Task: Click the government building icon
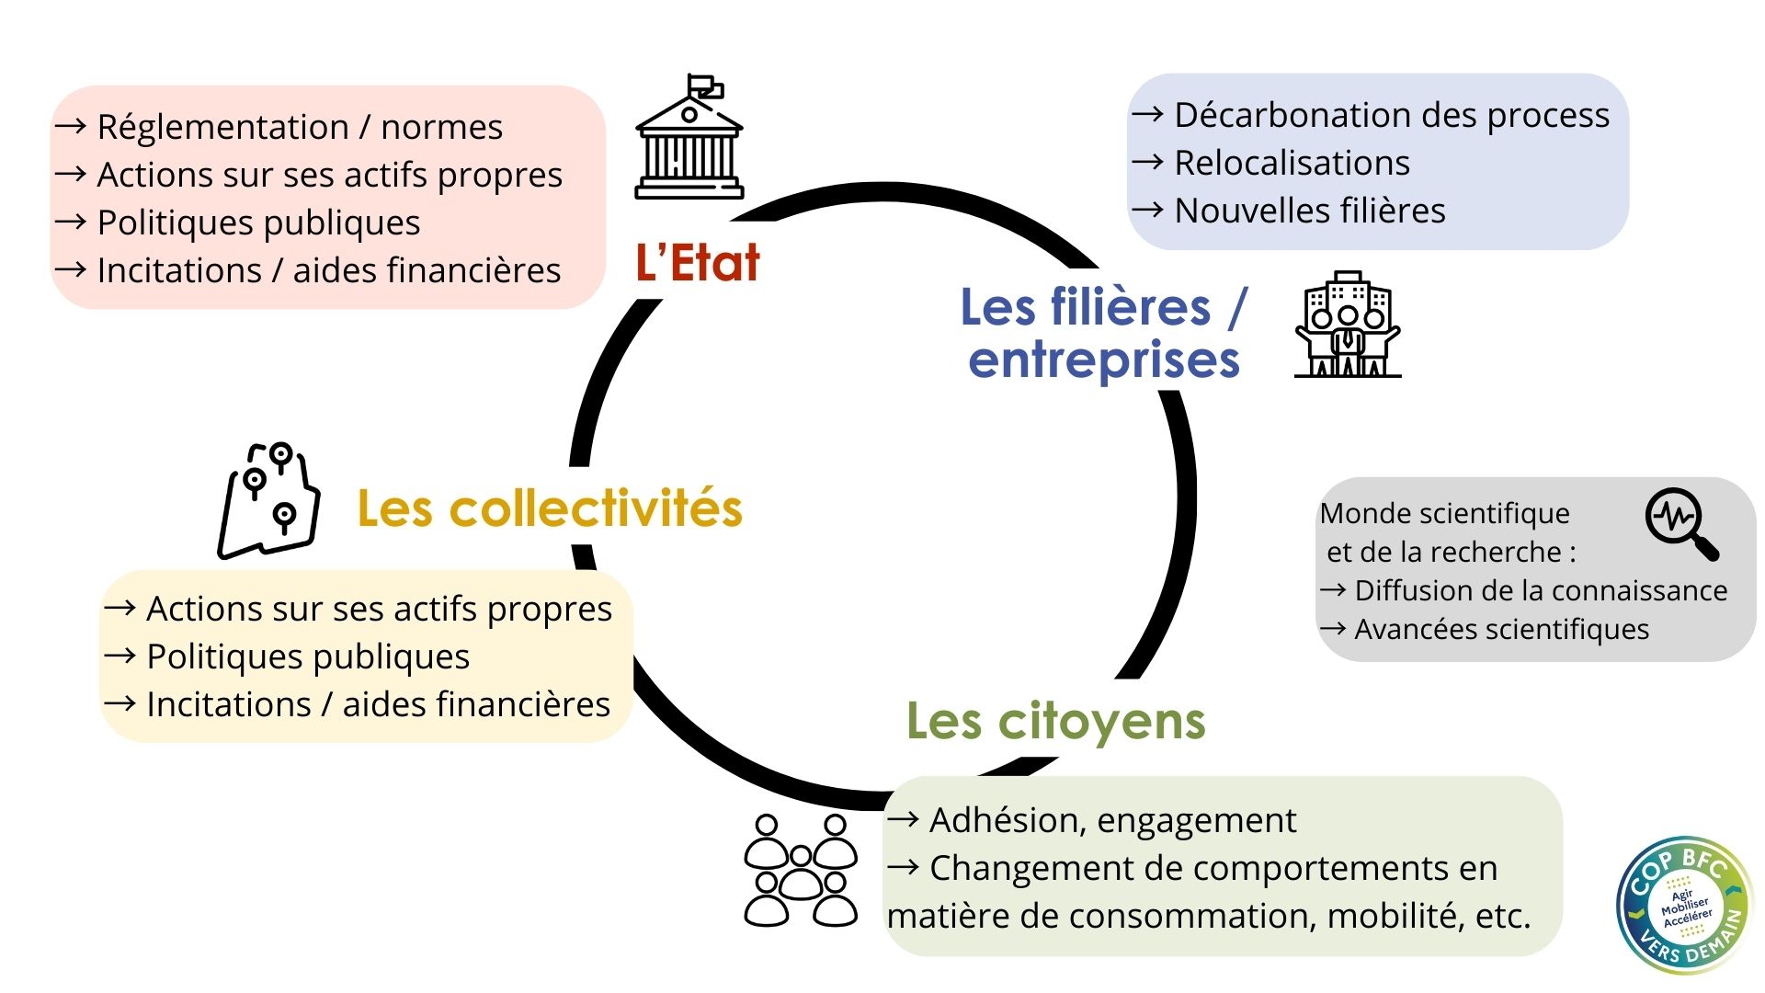pyautogui.click(x=689, y=138)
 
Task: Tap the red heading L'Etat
pyautogui.click(x=698, y=263)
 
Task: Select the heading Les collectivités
pyautogui.click(x=550, y=508)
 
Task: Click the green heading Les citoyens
pyautogui.click(x=1055, y=721)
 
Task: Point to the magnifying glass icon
pyautogui.click(x=1681, y=523)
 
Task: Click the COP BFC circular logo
pyautogui.click(x=1685, y=905)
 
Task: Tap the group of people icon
pyautogui.click(x=801, y=870)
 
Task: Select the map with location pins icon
pyautogui.click(x=268, y=501)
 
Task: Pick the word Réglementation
pyautogui.click(x=222, y=128)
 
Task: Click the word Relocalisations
pyautogui.click(x=1292, y=164)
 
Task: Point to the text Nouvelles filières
pyautogui.click(x=1310, y=211)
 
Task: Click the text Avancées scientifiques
pyautogui.click(x=1501, y=630)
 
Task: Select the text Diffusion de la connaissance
pyautogui.click(x=1541, y=591)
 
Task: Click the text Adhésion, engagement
pyautogui.click(x=1112, y=820)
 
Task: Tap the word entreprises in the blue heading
pyautogui.click(x=1104, y=360)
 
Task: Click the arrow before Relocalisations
pyautogui.click(x=1147, y=163)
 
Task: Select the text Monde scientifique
pyautogui.click(x=1444, y=514)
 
